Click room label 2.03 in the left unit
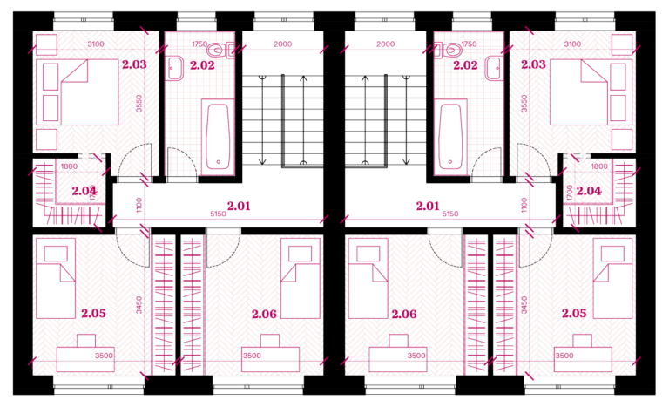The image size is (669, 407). (x=134, y=64)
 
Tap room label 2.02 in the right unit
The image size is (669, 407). (x=465, y=65)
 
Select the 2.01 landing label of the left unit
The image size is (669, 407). (x=239, y=206)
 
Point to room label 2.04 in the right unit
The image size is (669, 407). (x=589, y=191)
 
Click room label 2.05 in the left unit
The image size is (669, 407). (x=93, y=313)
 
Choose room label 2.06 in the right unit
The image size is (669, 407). (x=403, y=314)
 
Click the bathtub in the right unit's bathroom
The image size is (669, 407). (x=450, y=134)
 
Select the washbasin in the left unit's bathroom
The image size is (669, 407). (x=175, y=68)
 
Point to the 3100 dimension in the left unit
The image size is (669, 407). (x=96, y=44)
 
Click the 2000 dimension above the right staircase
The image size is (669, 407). (x=385, y=44)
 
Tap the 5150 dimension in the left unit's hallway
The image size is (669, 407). (x=218, y=214)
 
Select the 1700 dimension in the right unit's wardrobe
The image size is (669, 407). (x=569, y=193)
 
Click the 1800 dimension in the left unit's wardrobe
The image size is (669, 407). (x=69, y=166)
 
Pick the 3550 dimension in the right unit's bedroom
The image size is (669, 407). (x=524, y=104)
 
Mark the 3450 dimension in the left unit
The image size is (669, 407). (x=139, y=305)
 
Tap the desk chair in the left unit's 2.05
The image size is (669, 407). (x=86, y=341)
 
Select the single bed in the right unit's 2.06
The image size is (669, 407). (x=368, y=279)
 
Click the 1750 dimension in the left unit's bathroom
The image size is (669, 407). (x=199, y=44)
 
